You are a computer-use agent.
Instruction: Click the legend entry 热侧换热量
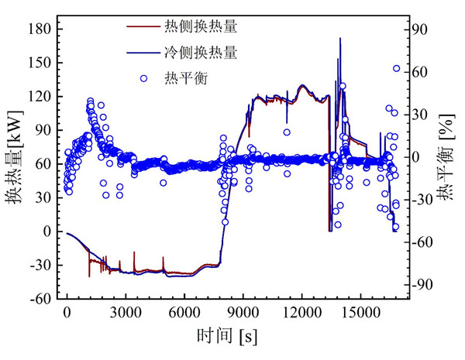pos(200,27)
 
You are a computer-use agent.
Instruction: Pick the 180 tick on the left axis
pos(40,29)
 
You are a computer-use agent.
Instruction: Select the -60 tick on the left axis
pos(40,298)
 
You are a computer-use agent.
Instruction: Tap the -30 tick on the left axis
pos(40,265)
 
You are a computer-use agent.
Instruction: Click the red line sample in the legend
pos(143,27)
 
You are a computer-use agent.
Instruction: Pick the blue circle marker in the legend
pos(143,78)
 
